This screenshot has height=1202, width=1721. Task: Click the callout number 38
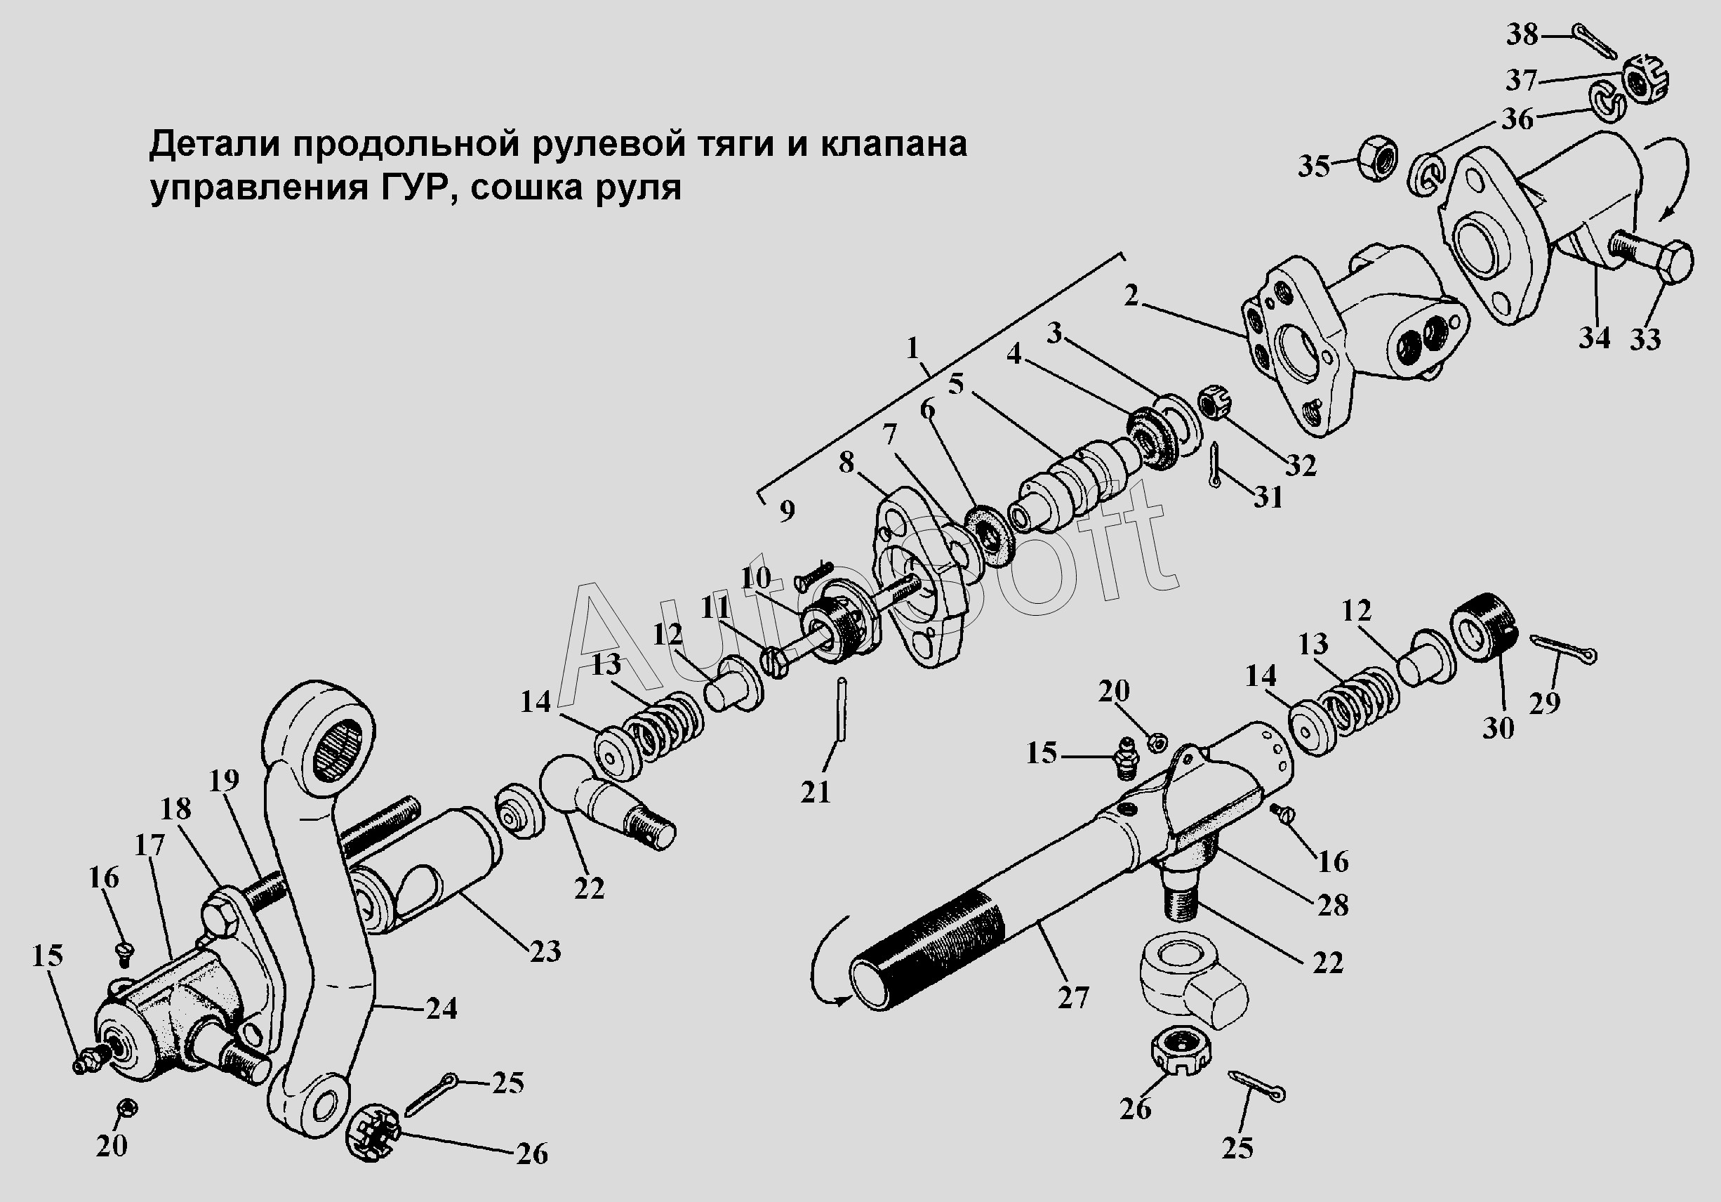click(x=1522, y=34)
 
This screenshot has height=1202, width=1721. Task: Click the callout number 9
click(x=786, y=510)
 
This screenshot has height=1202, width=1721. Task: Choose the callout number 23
click(x=545, y=951)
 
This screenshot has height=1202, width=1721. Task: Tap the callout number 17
click(x=149, y=845)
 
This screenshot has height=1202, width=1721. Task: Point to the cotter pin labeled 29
click(x=1564, y=649)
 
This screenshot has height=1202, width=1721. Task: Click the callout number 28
click(x=1333, y=905)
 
